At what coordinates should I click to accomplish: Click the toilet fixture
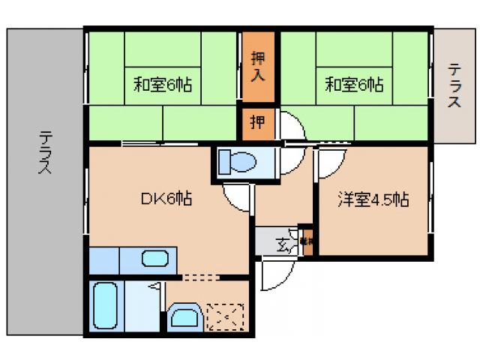point(238,161)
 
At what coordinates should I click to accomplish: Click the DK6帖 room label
point(166,199)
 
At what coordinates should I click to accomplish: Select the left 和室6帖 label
point(163,84)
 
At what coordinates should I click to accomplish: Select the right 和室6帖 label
point(354,84)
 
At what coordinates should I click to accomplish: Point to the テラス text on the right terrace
point(455,86)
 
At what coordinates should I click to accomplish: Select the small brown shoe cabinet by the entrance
point(306,241)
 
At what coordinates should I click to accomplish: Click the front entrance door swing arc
point(273,274)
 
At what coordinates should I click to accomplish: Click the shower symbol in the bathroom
point(154,286)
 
